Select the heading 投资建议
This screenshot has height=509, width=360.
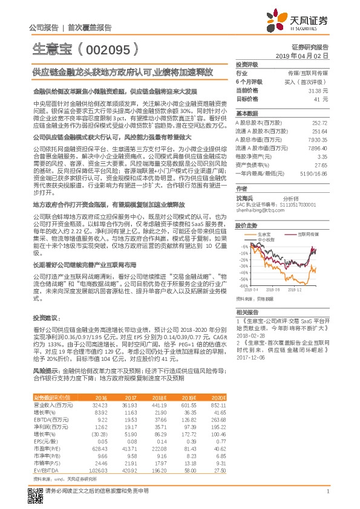click(46, 317)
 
